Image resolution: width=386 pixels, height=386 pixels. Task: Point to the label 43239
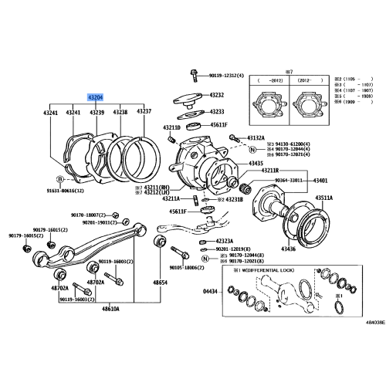tap(96, 113)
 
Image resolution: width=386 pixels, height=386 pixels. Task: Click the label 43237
tap(144, 112)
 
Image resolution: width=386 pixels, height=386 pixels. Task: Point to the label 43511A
tap(323, 198)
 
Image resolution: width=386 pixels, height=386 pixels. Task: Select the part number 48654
tap(160, 283)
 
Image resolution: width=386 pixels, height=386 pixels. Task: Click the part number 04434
tap(210, 291)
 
